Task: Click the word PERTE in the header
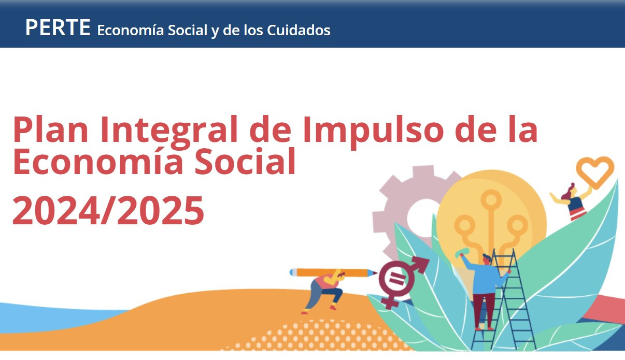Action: click(x=58, y=27)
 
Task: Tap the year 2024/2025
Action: click(x=108, y=211)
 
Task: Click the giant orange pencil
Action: click(x=332, y=272)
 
